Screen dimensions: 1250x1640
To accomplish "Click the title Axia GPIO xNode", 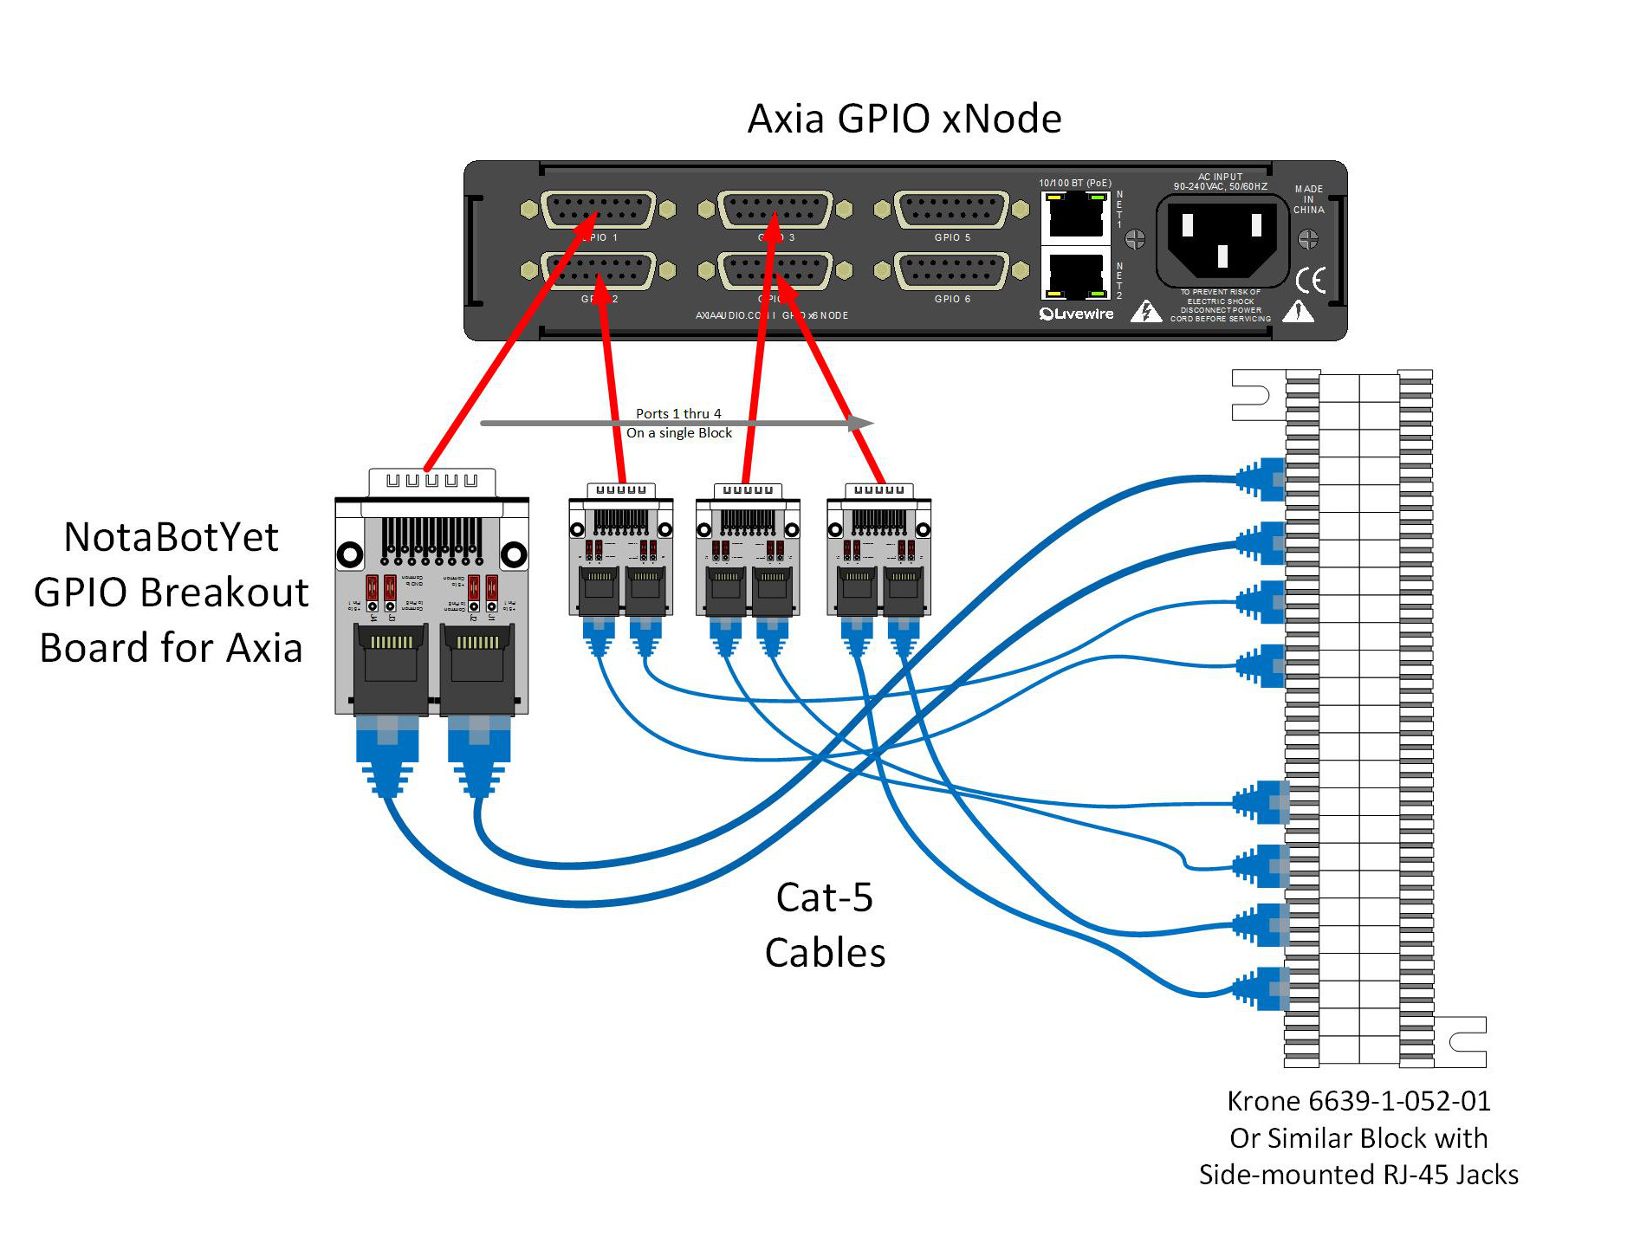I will tap(904, 119).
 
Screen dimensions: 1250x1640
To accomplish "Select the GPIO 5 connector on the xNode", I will tap(951, 210).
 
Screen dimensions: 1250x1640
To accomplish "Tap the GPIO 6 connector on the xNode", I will tap(951, 271).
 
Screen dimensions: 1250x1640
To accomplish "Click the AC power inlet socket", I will tap(1222, 240).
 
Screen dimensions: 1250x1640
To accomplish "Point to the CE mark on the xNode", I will tap(1311, 280).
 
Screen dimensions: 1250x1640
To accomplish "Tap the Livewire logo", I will tap(1077, 314).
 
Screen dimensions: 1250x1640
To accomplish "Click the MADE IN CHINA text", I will tap(1308, 199).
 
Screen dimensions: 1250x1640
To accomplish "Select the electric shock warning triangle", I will tap(1145, 312).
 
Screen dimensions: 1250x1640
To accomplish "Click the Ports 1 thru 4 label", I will tap(678, 413).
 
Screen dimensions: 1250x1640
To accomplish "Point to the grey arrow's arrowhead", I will tap(861, 423).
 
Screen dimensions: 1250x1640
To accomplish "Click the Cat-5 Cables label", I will tap(825, 925).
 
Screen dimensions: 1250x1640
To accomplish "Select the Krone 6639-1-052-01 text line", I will tap(1358, 1101).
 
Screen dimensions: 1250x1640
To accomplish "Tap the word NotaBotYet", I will tap(171, 537).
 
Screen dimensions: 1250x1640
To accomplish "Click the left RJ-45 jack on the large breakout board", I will tap(392, 668).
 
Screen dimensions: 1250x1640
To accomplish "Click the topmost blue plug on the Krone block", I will tap(1261, 479).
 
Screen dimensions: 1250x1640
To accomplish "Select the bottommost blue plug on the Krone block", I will tap(1261, 988).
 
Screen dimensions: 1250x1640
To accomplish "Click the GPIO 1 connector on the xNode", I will tap(598, 210).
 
